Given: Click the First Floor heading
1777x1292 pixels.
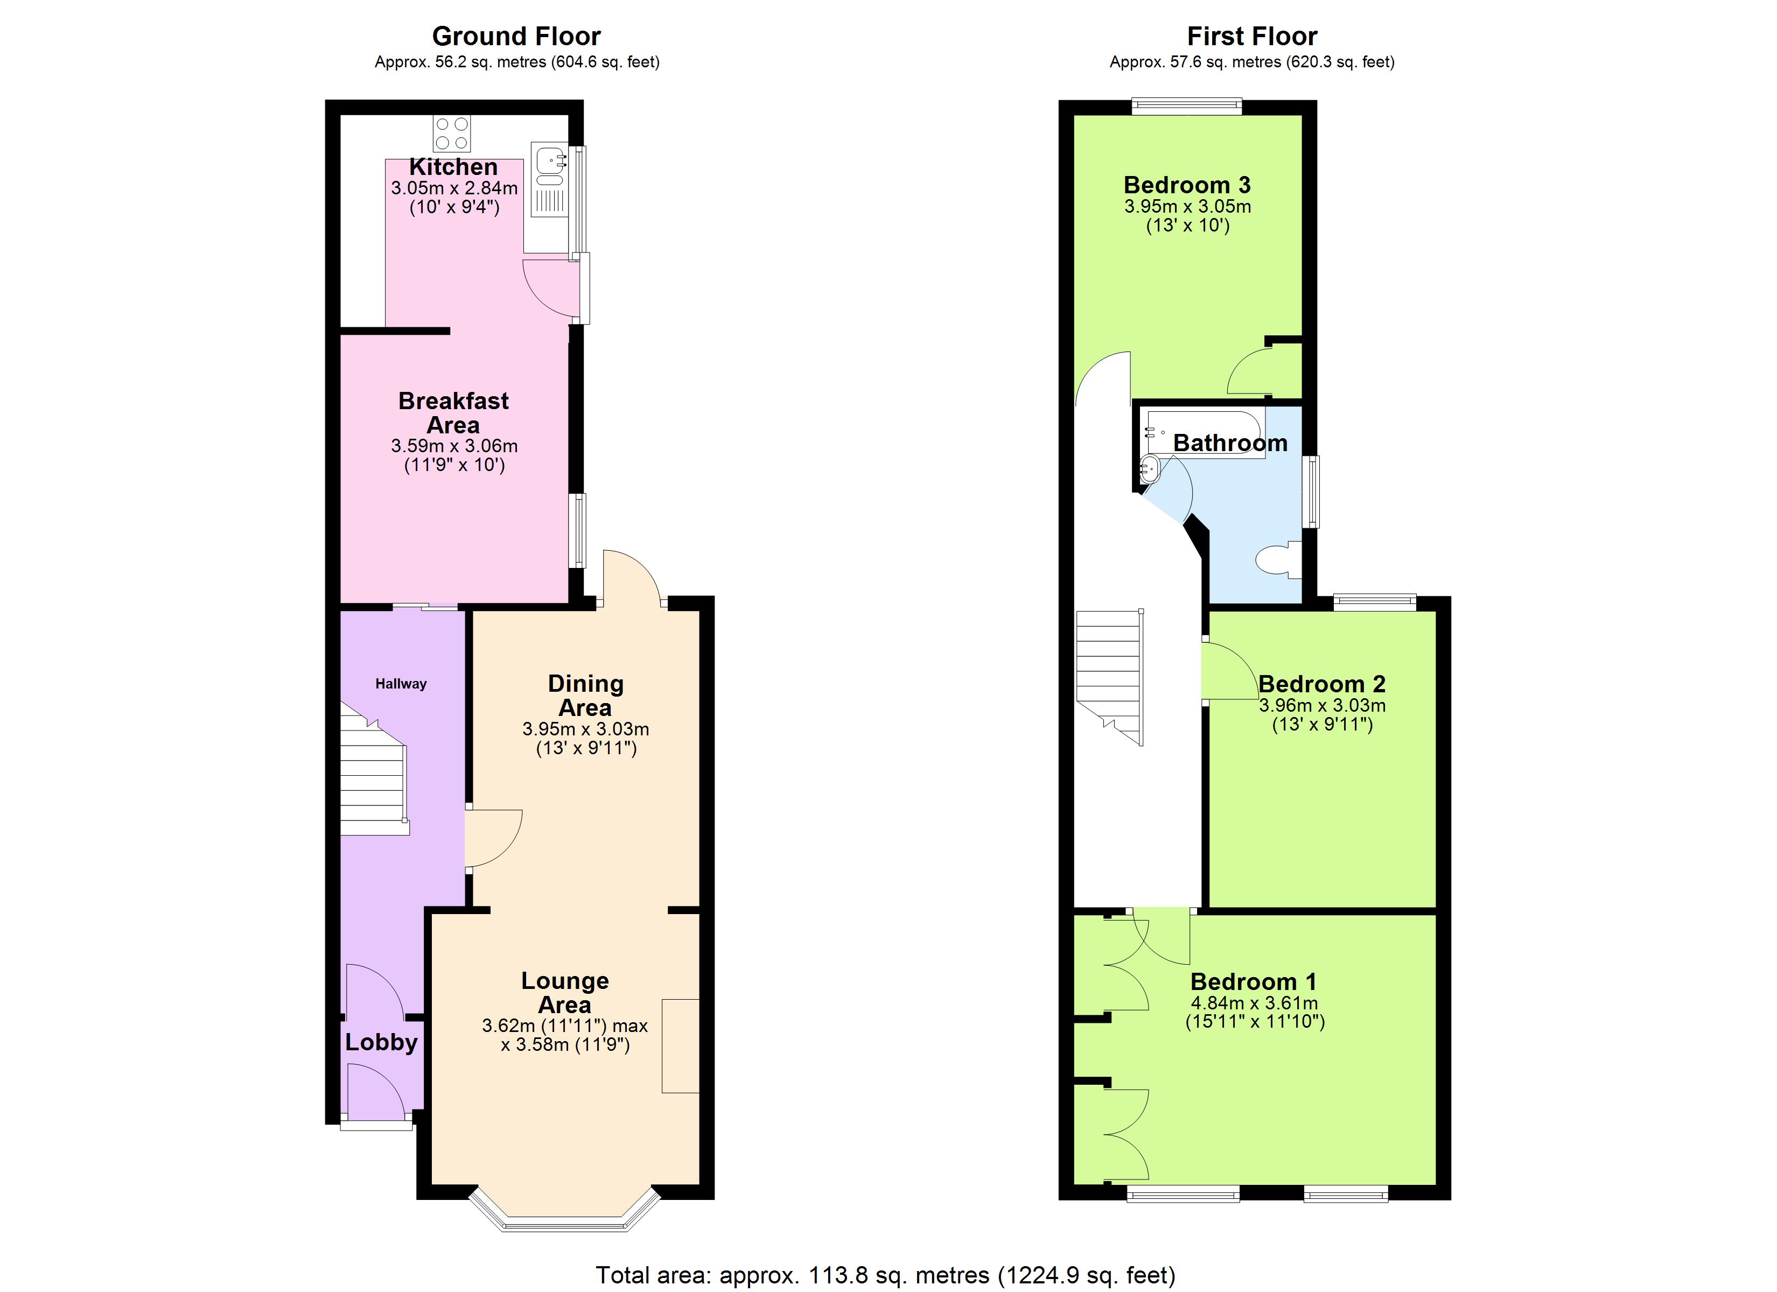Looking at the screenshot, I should (1251, 36).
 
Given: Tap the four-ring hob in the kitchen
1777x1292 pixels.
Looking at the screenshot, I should (452, 133).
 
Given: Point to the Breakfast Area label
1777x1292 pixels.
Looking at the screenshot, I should (453, 413).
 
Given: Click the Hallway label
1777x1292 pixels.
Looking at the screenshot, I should (401, 684).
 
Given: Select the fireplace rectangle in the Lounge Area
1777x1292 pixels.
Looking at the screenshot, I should (680, 1045).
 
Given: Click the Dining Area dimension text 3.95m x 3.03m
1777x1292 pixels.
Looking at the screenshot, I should (585, 729).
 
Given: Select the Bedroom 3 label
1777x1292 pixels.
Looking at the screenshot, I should (1186, 186).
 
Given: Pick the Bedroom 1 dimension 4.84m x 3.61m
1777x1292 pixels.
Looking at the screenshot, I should (1254, 1003).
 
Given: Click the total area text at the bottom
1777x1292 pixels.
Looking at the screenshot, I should (885, 1275).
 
